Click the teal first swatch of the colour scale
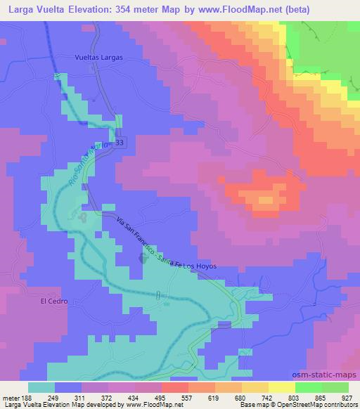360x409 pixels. click(x=41, y=388)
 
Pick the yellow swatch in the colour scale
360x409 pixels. click(x=281, y=388)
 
